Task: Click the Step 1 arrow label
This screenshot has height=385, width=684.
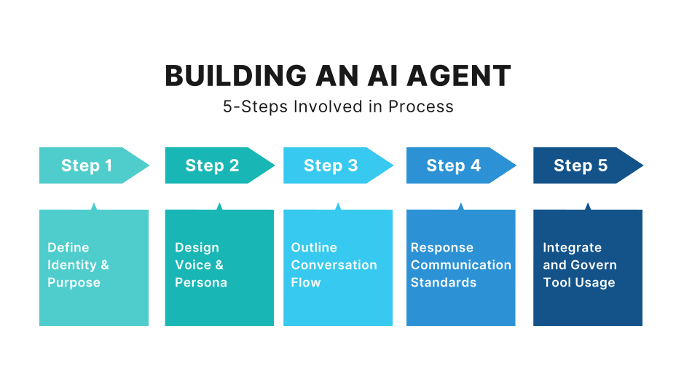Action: [x=87, y=166]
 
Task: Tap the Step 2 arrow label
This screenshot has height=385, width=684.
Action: [x=212, y=166]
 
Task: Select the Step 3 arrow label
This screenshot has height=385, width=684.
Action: [x=331, y=166]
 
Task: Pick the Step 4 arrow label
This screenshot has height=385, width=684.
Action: [x=454, y=166]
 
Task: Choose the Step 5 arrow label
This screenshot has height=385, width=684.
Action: [x=581, y=166]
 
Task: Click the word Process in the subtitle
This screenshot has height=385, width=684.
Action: [x=420, y=106]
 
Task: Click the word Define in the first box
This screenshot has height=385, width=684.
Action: [x=68, y=247]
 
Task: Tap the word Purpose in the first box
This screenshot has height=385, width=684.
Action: [x=74, y=282]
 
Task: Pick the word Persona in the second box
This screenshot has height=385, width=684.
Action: [x=201, y=282]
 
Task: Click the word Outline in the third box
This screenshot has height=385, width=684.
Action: [x=314, y=247]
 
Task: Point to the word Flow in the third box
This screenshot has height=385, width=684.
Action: [x=305, y=282]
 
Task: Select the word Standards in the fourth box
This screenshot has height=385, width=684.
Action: [x=444, y=282]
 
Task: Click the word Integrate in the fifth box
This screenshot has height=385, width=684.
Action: [x=572, y=247]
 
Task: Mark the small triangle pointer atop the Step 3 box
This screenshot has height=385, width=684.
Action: [x=338, y=207]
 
